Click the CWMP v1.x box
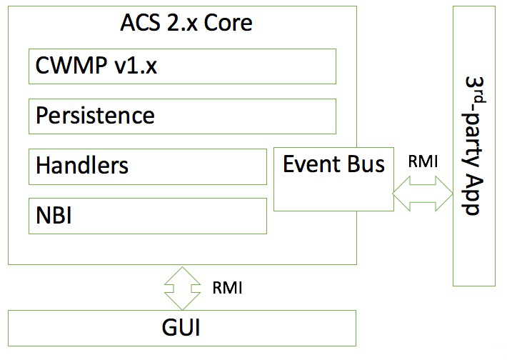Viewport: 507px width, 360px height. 182,66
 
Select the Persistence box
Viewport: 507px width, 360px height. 182,116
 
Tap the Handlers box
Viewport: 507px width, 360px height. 148,166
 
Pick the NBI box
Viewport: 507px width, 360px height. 148,215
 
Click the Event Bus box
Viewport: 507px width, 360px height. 333,179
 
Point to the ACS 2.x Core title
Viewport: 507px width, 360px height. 185,24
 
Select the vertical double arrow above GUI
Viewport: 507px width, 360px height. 181,288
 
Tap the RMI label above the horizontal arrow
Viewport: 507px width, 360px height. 422,161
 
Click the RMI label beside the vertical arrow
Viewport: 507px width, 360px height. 227,288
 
